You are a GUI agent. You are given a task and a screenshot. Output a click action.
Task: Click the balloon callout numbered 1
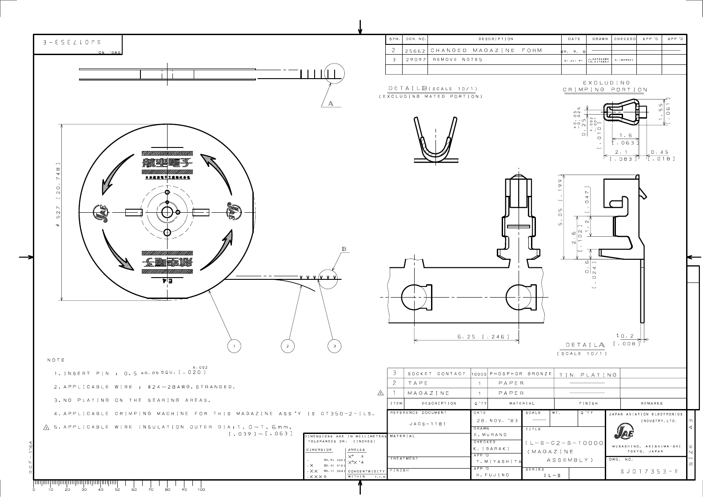pyautogui.click(x=234, y=346)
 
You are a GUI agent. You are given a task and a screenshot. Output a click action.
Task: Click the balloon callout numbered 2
pyautogui.click(x=288, y=346)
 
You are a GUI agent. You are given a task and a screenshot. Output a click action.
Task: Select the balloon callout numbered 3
pyautogui.click(x=334, y=346)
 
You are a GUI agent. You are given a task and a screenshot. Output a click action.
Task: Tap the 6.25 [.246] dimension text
pyautogui.click(x=483, y=337)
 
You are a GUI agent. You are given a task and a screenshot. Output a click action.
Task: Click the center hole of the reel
pyautogui.click(x=167, y=212)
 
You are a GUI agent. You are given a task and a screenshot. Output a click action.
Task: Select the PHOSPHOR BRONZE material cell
pyautogui.click(x=520, y=374)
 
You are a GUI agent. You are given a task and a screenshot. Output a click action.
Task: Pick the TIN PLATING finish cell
pyautogui.click(x=587, y=375)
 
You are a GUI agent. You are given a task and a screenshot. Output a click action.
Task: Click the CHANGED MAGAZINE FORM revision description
pyautogui.click(x=486, y=50)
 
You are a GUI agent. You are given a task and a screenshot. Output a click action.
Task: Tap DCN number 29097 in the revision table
pyautogui.click(x=414, y=60)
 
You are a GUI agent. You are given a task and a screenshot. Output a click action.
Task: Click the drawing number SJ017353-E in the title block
pyautogui.click(x=649, y=472)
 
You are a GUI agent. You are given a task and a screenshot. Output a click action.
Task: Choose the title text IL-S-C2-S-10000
pyautogui.click(x=564, y=443)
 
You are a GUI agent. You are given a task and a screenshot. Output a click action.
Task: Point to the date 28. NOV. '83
pyautogui.click(x=494, y=420)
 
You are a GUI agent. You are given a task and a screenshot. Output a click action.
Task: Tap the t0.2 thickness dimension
pyautogui.click(x=625, y=336)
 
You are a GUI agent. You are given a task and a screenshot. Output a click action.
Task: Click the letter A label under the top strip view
pyautogui.click(x=331, y=104)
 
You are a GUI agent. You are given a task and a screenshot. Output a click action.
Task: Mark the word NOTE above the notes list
pyautogui.click(x=56, y=360)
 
